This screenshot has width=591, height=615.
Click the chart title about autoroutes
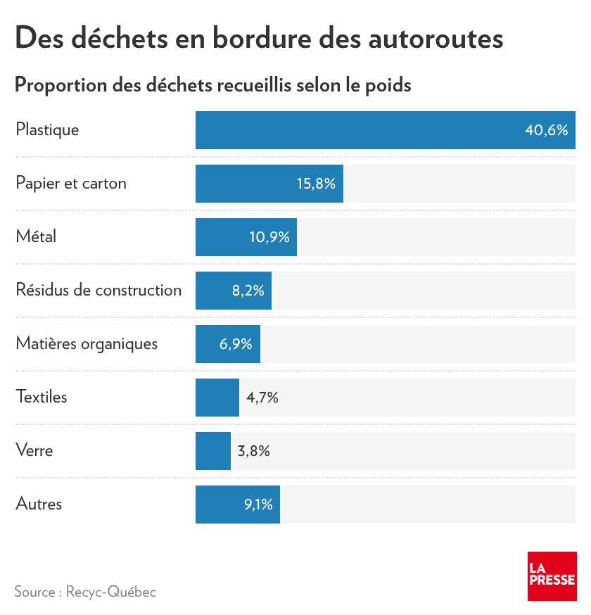259,38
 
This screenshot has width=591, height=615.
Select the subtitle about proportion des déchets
212,85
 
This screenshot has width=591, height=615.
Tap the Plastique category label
47,130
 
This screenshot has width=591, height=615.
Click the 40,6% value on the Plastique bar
546,130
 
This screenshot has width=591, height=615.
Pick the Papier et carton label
71,184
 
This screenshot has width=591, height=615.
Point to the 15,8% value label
316,184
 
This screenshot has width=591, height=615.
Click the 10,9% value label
269,237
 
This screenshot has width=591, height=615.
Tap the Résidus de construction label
99,291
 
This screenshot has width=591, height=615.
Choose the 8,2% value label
248,291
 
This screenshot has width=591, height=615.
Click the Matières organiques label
87,344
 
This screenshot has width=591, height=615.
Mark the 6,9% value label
236,344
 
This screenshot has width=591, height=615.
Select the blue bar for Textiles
217,398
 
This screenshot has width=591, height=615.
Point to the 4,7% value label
262,398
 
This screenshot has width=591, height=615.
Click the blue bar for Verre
213,451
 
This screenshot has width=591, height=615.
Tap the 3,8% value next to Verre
254,451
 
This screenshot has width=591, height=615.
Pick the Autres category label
39,505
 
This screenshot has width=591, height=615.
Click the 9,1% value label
258,505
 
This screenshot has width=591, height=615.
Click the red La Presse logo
552,576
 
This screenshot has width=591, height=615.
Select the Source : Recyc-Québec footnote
85,592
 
